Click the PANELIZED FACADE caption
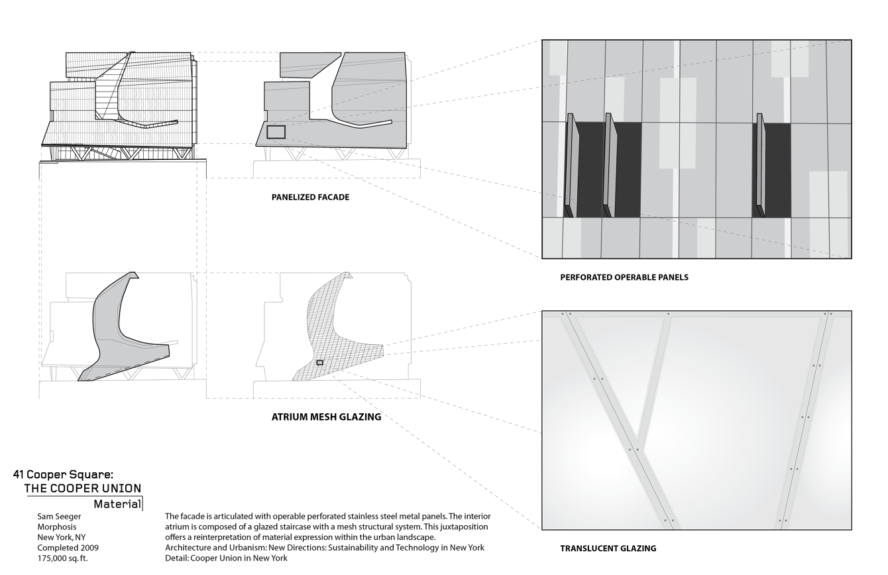click(310, 197)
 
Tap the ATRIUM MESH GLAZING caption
click(326, 417)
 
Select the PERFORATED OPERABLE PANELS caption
click(624, 277)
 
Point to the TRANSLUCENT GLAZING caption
click(608, 548)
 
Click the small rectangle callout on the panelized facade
click(276, 132)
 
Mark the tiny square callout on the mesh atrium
click(320, 363)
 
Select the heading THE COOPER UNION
click(82, 489)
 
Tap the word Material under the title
click(117, 504)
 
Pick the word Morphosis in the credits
click(57, 527)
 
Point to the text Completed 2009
click(68, 548)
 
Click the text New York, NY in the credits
click(61, 537)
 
